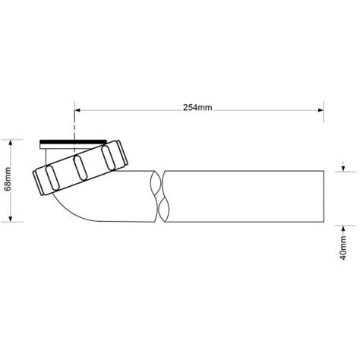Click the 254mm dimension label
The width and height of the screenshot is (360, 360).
pyautogui.click(x=197, y=108)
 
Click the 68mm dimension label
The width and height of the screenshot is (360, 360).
pyautogui.click(x=8, y=179)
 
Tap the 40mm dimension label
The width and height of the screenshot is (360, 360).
pyautogui.click(x=343, y=248)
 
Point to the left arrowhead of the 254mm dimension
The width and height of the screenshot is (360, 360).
pyautogui.click(x=77, y=110)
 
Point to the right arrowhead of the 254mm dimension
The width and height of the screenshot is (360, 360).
pyautogui.click(x=321, y=110)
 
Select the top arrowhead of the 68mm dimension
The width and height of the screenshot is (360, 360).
pyautogui.click(x=11, y=142)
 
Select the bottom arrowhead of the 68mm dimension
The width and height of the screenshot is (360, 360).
pyautogui.click(x=11, y=219)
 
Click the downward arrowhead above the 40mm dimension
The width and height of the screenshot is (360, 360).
pyautogui.click(x=343, y=169)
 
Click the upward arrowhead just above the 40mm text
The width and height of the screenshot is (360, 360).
pyautogui.click(x=343, y=229)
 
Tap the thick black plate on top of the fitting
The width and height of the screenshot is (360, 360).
pyautogui.click(x=73, y=141)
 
